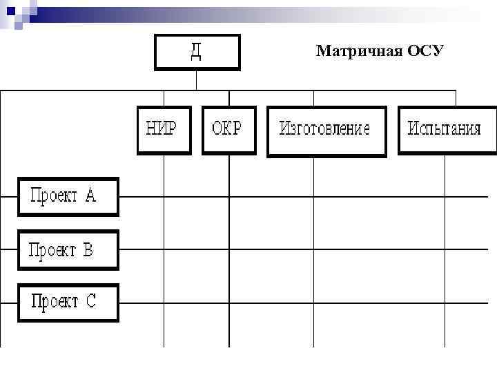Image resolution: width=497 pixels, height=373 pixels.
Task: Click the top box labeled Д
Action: [197, 52]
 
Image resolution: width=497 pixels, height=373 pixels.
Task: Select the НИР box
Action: [163, 129]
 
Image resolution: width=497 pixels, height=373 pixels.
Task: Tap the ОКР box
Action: [228, 129]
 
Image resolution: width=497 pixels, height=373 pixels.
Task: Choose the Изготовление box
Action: [325, 129]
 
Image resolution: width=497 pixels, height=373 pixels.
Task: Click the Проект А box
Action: [68, 197]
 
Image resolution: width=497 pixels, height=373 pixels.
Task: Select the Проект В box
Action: [68, 249]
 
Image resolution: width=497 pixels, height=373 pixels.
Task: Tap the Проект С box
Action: [68, 303]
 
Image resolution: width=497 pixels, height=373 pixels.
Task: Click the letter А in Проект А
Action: [90, 196]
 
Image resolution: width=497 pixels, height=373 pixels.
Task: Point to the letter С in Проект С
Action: [91, 302]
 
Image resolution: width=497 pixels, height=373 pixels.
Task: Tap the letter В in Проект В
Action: [88, 249]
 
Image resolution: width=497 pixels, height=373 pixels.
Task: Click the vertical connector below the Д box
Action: [197, 80]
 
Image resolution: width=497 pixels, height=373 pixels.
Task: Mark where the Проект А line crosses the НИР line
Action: [164, 197]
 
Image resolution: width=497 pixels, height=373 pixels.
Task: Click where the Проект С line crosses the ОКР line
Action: [229, 303]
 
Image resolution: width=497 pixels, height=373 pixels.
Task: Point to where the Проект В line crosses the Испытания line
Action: [445, 249]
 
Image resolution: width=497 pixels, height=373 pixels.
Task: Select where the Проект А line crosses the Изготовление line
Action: [314, 197]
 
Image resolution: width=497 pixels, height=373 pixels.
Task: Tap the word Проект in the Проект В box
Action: [53, 249]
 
